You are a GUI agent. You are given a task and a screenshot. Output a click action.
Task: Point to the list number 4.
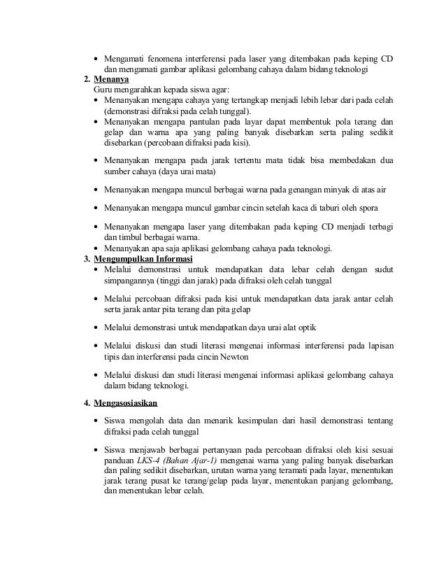tap(87, 403)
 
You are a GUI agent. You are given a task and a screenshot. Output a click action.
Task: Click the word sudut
tap(382, 269)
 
